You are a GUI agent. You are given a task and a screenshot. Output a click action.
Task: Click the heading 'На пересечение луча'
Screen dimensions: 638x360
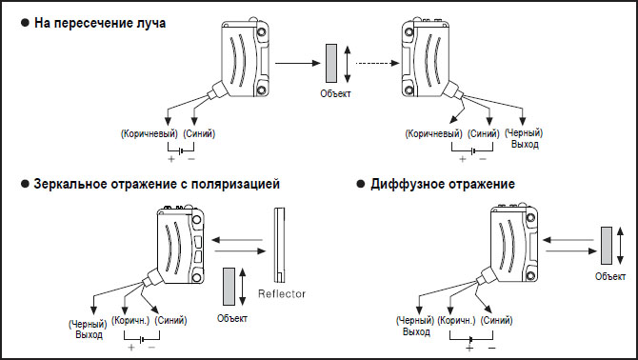click(x=100, y=23)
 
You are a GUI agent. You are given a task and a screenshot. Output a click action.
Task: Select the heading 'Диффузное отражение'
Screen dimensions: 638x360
click(x=443, y=184)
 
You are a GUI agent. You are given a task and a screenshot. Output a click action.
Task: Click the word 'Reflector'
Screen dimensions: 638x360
click(x=282, y=293)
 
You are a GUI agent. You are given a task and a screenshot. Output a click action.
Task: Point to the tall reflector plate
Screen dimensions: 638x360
click(x=279, y=245)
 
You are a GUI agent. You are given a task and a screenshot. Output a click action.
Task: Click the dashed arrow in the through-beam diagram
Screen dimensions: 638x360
click(x=377, y=63)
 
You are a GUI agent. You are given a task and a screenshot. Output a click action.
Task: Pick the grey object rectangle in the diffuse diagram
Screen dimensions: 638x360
click(x=607, y=246)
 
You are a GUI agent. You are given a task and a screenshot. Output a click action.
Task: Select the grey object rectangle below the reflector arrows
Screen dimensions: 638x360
click(x=229, y=287)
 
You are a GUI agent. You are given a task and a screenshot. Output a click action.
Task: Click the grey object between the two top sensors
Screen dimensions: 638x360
click(x=331, y=64)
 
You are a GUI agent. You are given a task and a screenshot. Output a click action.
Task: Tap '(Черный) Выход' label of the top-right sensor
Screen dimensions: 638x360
click(x=524, y=139)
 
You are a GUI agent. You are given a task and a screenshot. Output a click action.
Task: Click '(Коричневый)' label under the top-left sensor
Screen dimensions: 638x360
click(x=150, y=134)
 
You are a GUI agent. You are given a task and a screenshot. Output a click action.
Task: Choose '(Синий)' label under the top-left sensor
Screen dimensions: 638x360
click(x=199, y=134)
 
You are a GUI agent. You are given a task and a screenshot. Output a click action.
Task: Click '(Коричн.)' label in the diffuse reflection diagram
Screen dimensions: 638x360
click(x=456, y=321)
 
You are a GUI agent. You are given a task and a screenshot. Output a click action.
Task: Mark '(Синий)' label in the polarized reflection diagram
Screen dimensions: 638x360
click(x=170, y=321)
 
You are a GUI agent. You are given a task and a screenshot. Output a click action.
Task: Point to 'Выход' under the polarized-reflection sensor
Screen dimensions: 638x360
click(x=90, y=335)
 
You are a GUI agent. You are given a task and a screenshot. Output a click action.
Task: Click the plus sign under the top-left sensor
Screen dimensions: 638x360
click(x=171, y=159)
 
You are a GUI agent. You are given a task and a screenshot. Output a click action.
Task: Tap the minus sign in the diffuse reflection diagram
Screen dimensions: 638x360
click(x=491, y=349)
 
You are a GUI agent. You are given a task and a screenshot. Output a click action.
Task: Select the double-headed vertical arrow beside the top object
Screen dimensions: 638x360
click(x=347, y=64)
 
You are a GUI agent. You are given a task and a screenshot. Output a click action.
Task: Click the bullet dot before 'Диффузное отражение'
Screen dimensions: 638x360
click(x=361, y=184)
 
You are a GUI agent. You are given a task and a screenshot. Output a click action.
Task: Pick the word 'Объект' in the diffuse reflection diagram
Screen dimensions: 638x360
click(x=610, y=277)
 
